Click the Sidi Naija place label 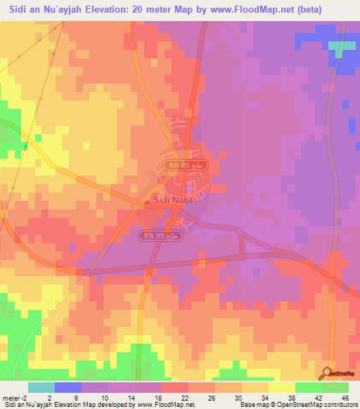[172, 200]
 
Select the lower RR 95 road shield [161, 236]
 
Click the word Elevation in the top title [121, 9]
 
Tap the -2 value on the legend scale [23, 397]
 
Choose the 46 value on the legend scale [345, 397]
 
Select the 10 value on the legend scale [104, 397]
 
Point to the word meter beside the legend [11, 397]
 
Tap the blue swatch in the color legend [68, 387]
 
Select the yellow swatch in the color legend [281, 387]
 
